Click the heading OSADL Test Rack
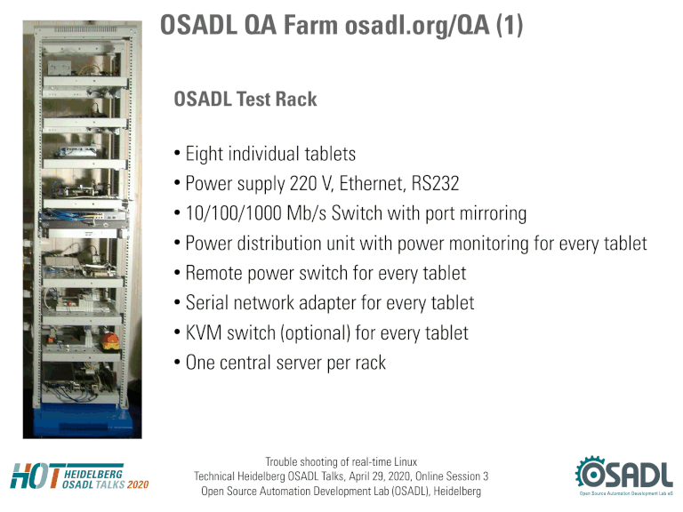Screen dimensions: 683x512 coord(245,100)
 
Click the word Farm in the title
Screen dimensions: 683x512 coord(310,25)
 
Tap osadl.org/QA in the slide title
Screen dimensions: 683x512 coord(417,26)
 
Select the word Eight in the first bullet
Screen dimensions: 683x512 coord(204,154)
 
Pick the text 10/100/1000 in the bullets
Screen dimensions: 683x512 coord(234,213)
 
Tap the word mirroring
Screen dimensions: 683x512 coord(493,214)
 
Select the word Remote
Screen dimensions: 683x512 coord(213,273)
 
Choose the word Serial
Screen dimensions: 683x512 coord(207,302)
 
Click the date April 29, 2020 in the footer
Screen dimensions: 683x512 coord(378,476)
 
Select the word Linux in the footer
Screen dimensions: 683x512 coord(406,461)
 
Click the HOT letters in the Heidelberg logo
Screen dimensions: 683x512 coord(36,476)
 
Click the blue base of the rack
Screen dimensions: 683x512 coord(83,420)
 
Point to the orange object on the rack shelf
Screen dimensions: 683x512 coord(109,341)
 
